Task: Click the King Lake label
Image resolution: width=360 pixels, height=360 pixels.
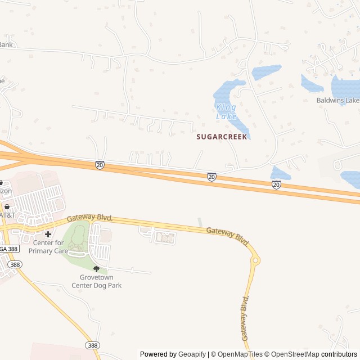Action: pos(226,111)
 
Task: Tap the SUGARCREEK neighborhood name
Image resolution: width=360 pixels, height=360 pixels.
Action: pos(222,137)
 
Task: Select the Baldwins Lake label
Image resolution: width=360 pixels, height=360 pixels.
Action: pos(337,101)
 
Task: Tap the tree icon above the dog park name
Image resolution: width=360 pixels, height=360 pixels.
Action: pos(96,269)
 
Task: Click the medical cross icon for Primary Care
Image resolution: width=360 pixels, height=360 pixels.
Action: pos(48,234)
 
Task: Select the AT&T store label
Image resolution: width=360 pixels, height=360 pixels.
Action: pos(7,215)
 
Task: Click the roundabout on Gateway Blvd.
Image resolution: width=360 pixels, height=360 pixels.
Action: pos(255,260)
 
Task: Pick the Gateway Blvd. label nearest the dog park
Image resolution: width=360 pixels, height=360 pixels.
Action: pos(90,218)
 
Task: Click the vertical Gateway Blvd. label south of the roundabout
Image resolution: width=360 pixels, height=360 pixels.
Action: pos(245,318)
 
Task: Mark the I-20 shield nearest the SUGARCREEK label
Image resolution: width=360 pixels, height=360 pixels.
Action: pos(211,177)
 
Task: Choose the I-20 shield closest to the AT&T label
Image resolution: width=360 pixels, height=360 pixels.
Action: pos(100,165)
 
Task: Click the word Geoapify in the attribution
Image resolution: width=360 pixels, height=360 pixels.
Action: pos(192,354)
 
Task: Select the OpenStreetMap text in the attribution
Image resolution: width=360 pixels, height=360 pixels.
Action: pos(293,354)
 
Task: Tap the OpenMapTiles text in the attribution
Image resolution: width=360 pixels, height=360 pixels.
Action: pos(240,354)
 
